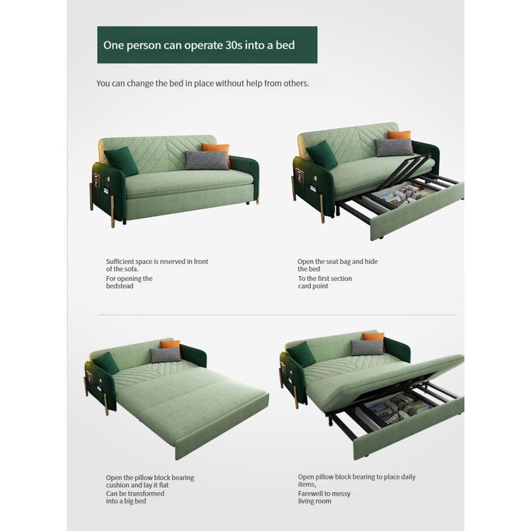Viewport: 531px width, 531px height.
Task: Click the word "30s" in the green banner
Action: click(234, 45)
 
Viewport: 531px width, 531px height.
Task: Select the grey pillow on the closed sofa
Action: click(207, 160)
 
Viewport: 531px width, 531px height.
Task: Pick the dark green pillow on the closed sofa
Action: click(121, 161)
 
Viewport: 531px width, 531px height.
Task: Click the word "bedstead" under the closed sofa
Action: click(120, 286)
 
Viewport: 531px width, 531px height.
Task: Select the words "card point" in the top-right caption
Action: click(313, 286)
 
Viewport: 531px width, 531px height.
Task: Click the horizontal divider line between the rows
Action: click(277, 314)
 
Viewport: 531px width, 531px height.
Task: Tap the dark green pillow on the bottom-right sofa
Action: click(302, 355)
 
